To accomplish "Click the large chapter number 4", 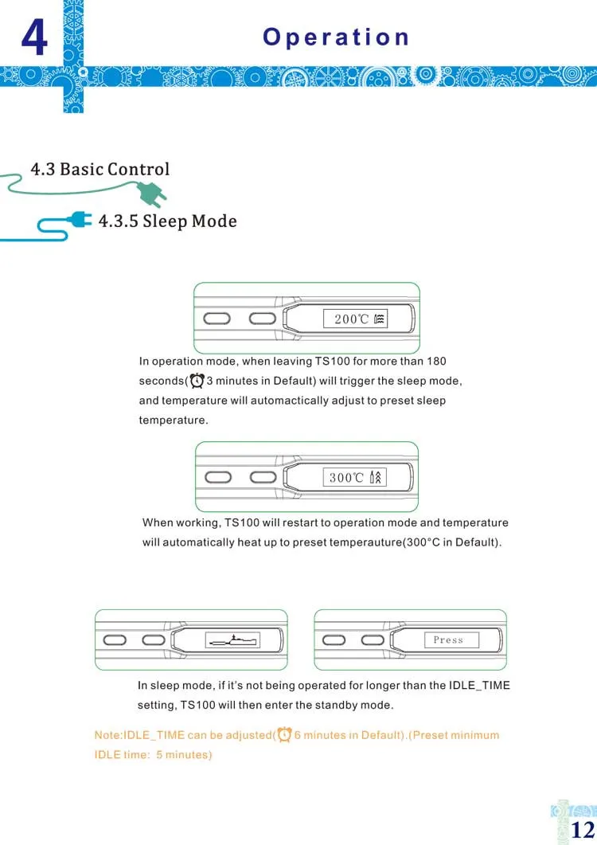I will [x=33, y=39].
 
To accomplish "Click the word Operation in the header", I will [x=336, y=37].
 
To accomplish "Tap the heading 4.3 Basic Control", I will [x=99, y=169].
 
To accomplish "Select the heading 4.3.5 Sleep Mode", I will [x=167, y=221].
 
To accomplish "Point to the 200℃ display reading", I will [x=352, y=319].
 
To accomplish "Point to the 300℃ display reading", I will [x=347, y=478].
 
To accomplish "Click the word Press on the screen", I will [x=448, y=640].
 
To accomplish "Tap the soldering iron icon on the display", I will [x=233, y=640].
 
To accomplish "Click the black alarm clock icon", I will [x=197, y=380].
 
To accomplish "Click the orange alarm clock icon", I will [x=284, y=734].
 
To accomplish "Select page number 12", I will [x=583, y=827].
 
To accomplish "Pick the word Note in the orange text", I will [x=107, y=735].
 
